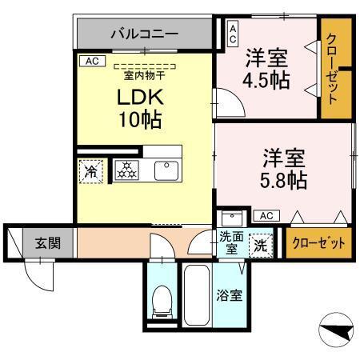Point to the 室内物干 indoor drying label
[x=144, y=75]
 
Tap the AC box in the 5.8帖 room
[x=266, y=215]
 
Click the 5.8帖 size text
[x=283, y=166]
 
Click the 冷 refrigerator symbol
[x=90, y=170]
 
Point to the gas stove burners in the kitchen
[x=126, y=170]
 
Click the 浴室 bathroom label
[x=230, y=295]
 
